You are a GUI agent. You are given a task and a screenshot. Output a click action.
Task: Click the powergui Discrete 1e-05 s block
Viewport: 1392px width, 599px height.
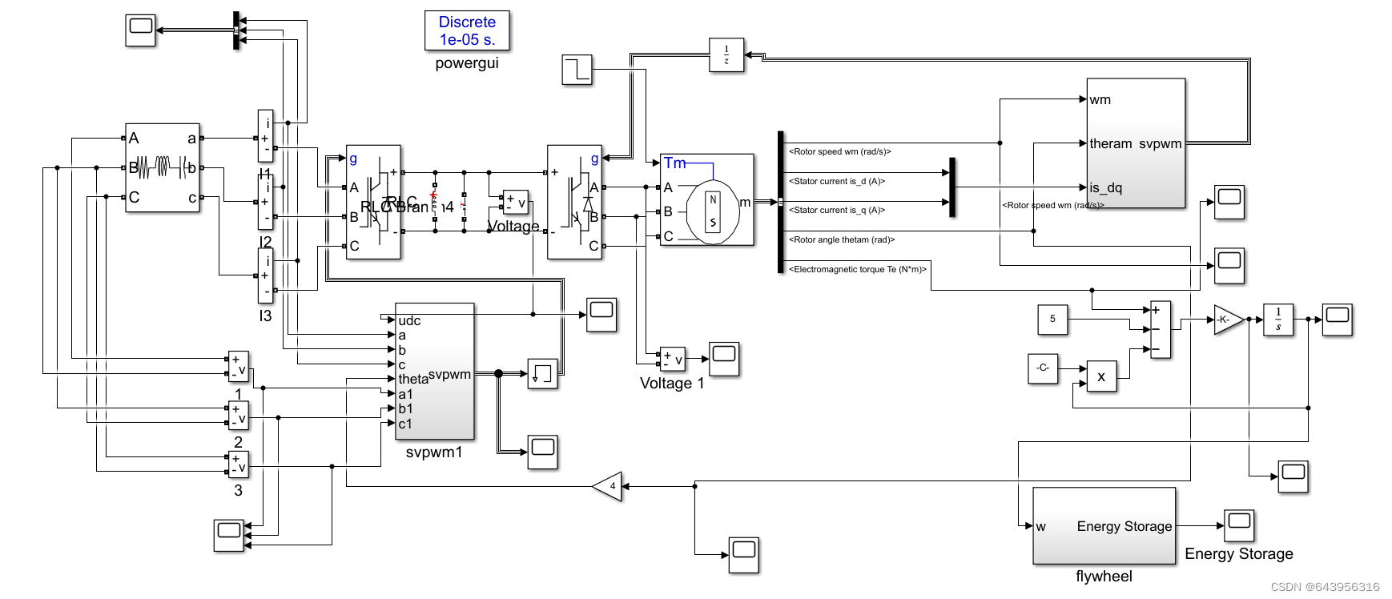pyautogui.click(x=467, y=30)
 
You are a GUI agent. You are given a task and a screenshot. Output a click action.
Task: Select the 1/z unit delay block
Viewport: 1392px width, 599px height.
pyautogui.click(x=726, y=55)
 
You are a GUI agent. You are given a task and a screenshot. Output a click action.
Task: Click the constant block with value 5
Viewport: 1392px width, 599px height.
pyautogui.click(x=1052, y=319)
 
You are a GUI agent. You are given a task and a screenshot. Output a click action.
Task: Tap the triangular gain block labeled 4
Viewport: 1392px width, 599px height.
pyautogui.click(x=609, y=486)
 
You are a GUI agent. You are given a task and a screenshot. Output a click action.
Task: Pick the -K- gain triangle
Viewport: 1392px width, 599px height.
pyautogui.click(x=1227, y=320)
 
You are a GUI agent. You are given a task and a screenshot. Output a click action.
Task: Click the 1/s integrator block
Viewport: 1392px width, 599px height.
pyautogui.click(x=1278, y=320)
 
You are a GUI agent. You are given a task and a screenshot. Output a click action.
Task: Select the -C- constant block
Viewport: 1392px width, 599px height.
pyautogui.click(x=1043, y=368)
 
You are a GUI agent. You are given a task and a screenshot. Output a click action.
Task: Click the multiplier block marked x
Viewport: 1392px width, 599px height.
pyautogui.click(x=1101, y=376)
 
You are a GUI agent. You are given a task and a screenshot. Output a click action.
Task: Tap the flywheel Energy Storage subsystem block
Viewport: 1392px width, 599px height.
pyautogui.click(x=1104, y=525)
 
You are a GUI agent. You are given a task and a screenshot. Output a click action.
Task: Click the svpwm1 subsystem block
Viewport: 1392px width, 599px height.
pyautogui.click(x=435, y=372)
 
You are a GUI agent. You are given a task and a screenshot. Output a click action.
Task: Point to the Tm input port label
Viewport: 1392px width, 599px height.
pyautogui.click(x=674, y=163)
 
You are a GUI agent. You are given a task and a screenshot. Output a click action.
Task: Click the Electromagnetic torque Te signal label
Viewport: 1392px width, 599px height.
pyautogui.click(x=857, y=269)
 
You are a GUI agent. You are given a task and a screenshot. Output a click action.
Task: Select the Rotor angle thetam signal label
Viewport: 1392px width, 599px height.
pyautogui.click(x=841, y=239)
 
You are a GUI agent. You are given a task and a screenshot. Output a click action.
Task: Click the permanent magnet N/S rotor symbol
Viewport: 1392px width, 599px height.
pyautogui.click(x=713, y=211)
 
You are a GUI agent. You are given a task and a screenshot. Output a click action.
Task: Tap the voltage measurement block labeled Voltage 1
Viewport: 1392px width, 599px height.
pyautogui.click(x=672, y=359)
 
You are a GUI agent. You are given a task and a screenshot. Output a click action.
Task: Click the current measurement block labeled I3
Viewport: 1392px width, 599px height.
pyautogui.click(x=265, y=275)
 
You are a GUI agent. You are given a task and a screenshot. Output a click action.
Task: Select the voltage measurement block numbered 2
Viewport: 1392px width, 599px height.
pyautogui.click(x=239, y=415)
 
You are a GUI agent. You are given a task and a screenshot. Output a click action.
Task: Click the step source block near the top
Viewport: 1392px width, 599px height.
pyautogui.click(x=577, y=70)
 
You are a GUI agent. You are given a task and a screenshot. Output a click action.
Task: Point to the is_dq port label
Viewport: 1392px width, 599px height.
pyautogui.click(x=1105, y=187)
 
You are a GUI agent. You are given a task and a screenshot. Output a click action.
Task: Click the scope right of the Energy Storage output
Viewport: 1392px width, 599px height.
pyautogui.click(x=1239, y=525)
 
